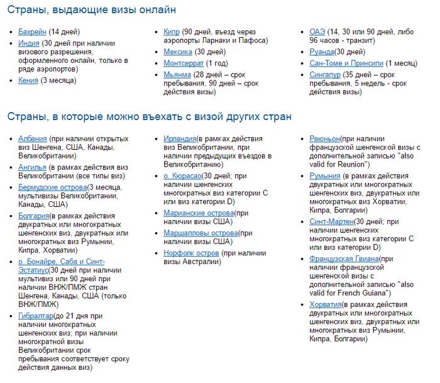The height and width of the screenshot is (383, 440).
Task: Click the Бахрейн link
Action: click(33, 31)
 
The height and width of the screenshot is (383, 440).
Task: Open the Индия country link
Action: click(30, 43)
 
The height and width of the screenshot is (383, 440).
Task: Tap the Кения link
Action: click(29, 80)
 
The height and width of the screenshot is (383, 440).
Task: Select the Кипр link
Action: click(172, 31)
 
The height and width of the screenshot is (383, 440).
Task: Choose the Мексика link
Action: click(177, 52)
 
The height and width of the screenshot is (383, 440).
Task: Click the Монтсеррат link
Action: click(184, 64)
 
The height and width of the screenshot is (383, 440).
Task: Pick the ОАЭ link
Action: click(317, 31)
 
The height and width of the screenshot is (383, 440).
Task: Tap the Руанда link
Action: click(322, 52)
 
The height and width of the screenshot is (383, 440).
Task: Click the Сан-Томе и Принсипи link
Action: click(346, 64)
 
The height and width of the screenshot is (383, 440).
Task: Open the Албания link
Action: click(33, 139)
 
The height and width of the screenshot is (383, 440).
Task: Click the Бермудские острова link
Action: click(53, 187)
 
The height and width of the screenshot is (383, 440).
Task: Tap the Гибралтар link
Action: click(36, 315)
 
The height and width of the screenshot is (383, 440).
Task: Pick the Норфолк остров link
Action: click(191, 253)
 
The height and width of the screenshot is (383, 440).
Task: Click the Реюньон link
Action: click(325, 139)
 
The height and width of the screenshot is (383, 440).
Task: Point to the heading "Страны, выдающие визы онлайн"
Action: click(91, 10)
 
